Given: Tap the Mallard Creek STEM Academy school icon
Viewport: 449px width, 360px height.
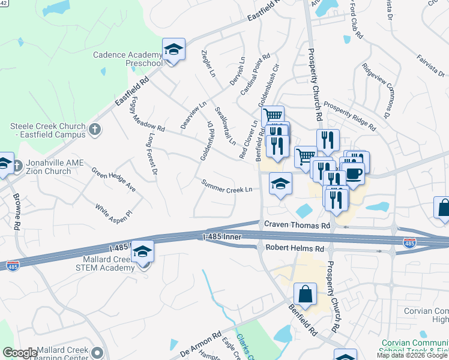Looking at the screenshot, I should (143, 251).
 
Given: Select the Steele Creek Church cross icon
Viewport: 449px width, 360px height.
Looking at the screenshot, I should (94, 129).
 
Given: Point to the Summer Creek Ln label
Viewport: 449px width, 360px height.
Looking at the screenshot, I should (226, 187).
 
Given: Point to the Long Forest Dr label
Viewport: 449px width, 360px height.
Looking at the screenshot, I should (151, 155).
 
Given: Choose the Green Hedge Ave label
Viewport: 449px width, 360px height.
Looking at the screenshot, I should (113, 179).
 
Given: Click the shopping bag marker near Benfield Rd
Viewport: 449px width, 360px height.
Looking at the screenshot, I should (305, 295).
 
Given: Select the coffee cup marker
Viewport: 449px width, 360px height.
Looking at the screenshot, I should (353, 174).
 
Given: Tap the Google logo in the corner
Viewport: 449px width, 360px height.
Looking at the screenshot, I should (20, 353).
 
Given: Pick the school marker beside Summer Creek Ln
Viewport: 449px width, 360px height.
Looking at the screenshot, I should (280, 184).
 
